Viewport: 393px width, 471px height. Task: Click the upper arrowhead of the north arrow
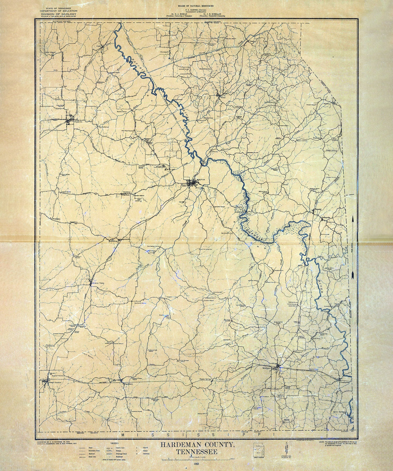(353, 220)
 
